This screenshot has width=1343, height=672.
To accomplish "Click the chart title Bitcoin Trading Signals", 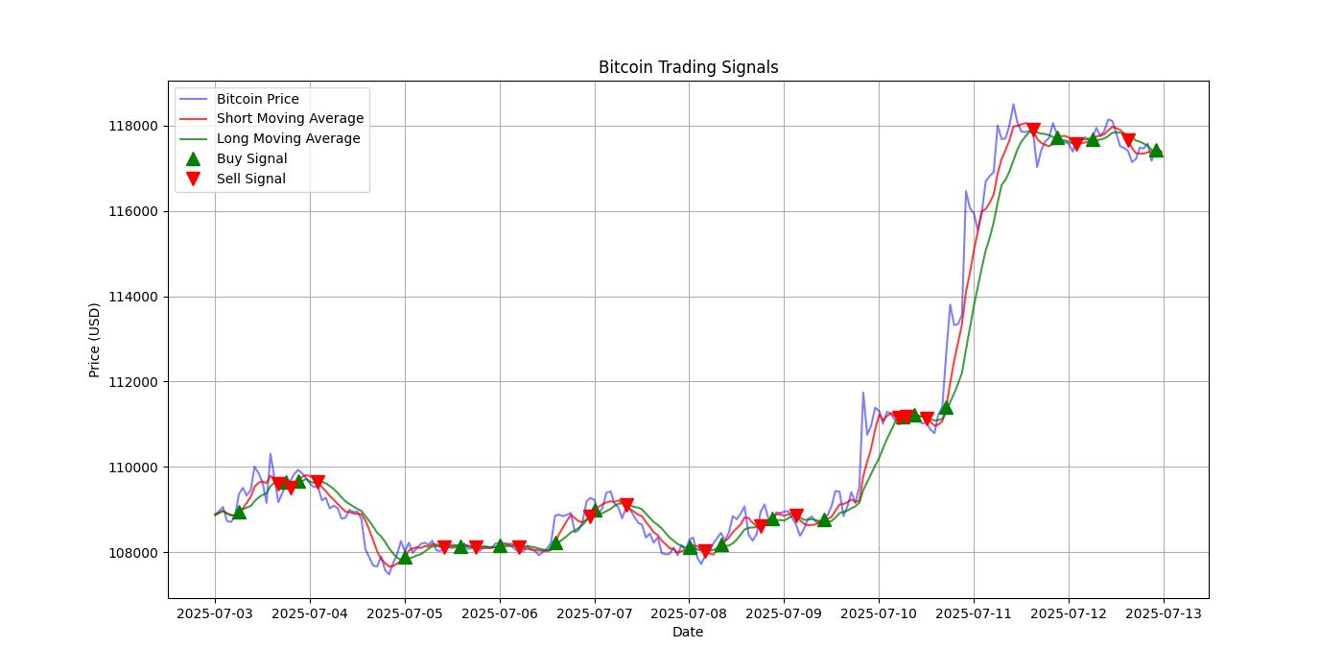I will (x=688, y=67).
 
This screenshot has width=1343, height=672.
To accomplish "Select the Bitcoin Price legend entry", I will (x=257, y=99).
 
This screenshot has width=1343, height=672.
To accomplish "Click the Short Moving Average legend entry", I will (x=290, y=119).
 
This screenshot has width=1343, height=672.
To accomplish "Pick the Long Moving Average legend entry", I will (x=288, y=138).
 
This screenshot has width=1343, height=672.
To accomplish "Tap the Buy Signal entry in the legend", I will (x=251, y=158).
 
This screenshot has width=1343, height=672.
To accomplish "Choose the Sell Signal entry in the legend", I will (x=250, y=179).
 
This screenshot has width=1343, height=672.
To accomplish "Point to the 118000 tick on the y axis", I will (x=133, y=127).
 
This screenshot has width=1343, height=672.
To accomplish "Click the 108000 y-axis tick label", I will (x=133, y=553).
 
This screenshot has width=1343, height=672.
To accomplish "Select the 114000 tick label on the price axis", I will (x=133, y=297).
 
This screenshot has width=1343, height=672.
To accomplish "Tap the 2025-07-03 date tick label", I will (x=215, y=612).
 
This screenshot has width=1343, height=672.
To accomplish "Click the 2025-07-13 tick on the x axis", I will (x=1164, y=612).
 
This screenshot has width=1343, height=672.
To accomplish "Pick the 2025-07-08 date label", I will (x=689, y=612).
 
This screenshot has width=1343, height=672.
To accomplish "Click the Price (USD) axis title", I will (x=94, y=340).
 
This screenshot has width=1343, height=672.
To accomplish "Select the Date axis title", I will (x=688, y=632).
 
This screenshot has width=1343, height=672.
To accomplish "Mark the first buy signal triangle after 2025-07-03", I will (x=239, y=512).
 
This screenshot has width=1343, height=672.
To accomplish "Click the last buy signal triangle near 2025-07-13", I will (x=1156, y=150).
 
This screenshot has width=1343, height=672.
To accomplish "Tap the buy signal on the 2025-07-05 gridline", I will (x=405, y=557).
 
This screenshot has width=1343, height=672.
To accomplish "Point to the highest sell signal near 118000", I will (x=1033, y=130).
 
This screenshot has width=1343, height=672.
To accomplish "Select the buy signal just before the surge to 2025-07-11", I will (x=946, y=407).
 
